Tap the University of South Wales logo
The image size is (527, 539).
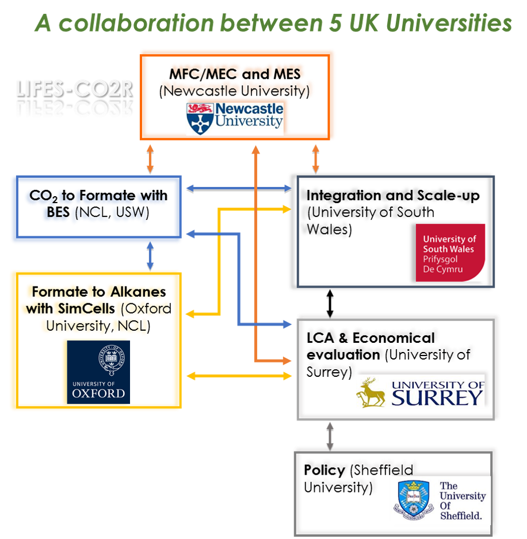(450, 253)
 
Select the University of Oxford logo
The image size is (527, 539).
(98, 371)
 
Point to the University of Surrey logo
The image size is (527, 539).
(421, 392)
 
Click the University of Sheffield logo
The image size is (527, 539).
(441, 500)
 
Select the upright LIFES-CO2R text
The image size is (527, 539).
(74, 89)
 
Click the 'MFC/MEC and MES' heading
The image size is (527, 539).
(237, 75)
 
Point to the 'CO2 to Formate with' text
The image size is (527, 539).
(98, 197)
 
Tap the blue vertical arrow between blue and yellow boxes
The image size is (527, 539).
(150, 257)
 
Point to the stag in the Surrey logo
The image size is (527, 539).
(371, 393)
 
